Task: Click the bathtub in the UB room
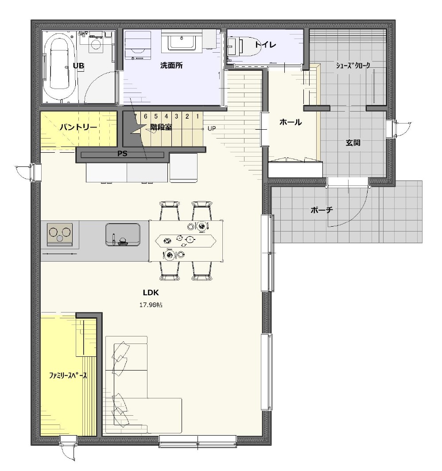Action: pyautogui.click(x=59, y=66)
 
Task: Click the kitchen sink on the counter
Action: pyautogui.click(x=123, y=234)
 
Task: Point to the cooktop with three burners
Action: pyautogui.click(x=60, y=233)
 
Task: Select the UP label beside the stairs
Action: pyautogui.click(x=212, y=128)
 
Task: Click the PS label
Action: pyautogui.click(x=122, y=154)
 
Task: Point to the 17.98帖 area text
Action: pyautogui.click(x=151, y=305)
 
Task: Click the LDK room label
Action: pyautogui.click(x=151, y=293)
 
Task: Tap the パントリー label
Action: pyautogui.click(x=78, y=127)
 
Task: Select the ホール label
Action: pyautogui.click(x=290, y=122)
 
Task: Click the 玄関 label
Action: pyautogui.click(x=353, y=143)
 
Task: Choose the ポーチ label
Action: pyautogui.click(x=322, y=210)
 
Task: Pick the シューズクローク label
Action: pyautogui.click(x=353, y=66)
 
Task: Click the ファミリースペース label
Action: pyautogui.click(x=68, y=375)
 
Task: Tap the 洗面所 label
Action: pyautogui.click(x=171, y=66)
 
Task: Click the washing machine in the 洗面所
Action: pyautogui.click(x=138, y=44)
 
